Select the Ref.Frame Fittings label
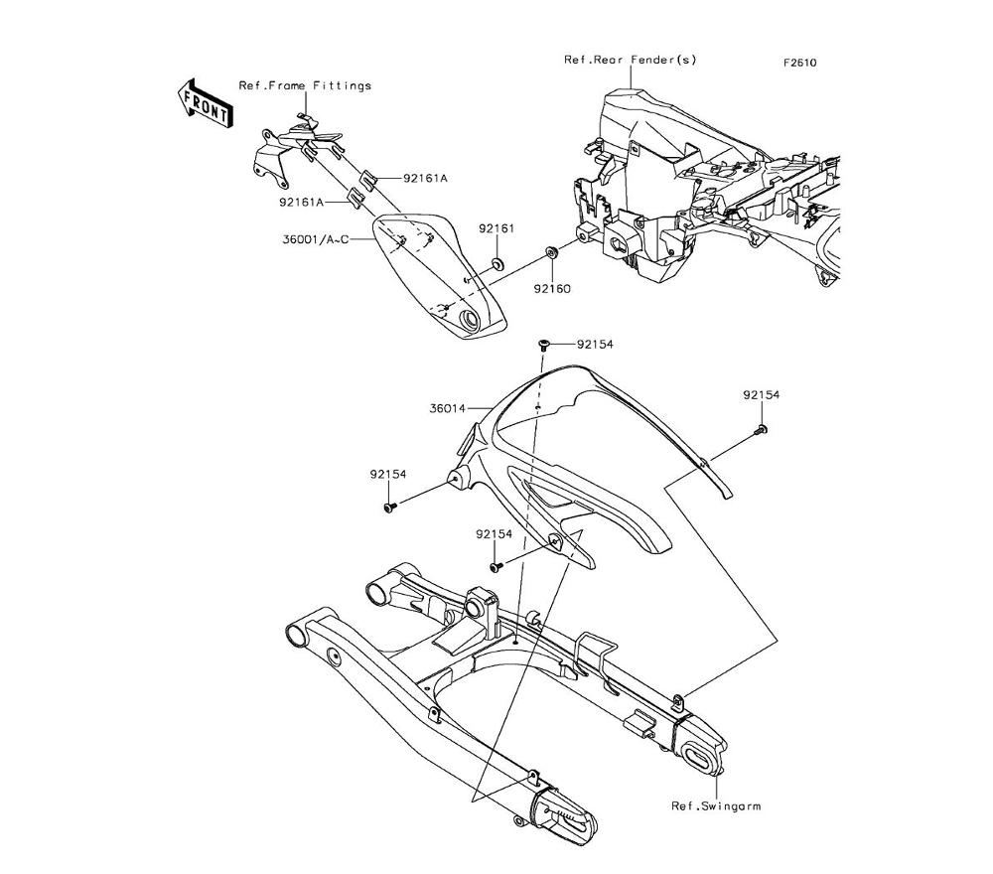pyautogui.click(x=305, y=85)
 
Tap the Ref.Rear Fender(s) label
pyautogui.click(x=630, y=60)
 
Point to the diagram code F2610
pyautogui.click(x=798, y=63)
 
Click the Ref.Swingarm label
pyautogui.click(x=715, y=805)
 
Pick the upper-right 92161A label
pyautogui.click(x=397, y=179)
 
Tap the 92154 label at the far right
pyautogui.click(x=762, y=395)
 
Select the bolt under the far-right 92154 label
pyautogui.click(x=761, y=430)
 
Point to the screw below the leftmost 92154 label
pyautogui.click(x=390, y=508)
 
